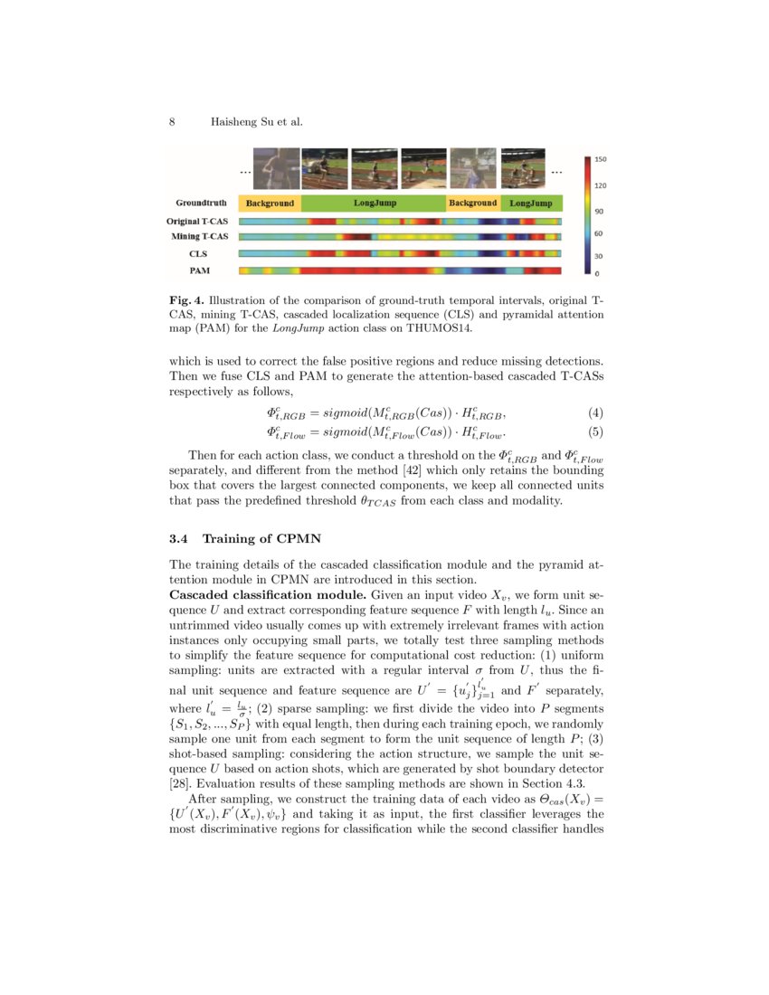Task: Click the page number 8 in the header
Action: pyautogui.click(x=172, y=121)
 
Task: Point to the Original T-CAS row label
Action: pyautogui.click(x=196, y=222)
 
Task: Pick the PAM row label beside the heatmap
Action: pyautogui.click(x=198, y=270)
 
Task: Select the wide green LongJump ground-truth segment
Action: pyautogui.click(x=374, y=204)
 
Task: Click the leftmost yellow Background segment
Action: pyautogui.click(x=270, y=204)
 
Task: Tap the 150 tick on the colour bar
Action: pyautogui.click(x=600, y=159)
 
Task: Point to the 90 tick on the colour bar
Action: pyautogui.click(x=598, y=211)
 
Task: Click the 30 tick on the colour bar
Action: pyautogui.click(x=598, y=255)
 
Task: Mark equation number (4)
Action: pyautogui.click(x=595, y=413)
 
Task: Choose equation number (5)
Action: pyautogui.click(x=595, y=431)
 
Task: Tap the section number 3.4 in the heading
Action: pyautogui.click(x=179, y=539)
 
